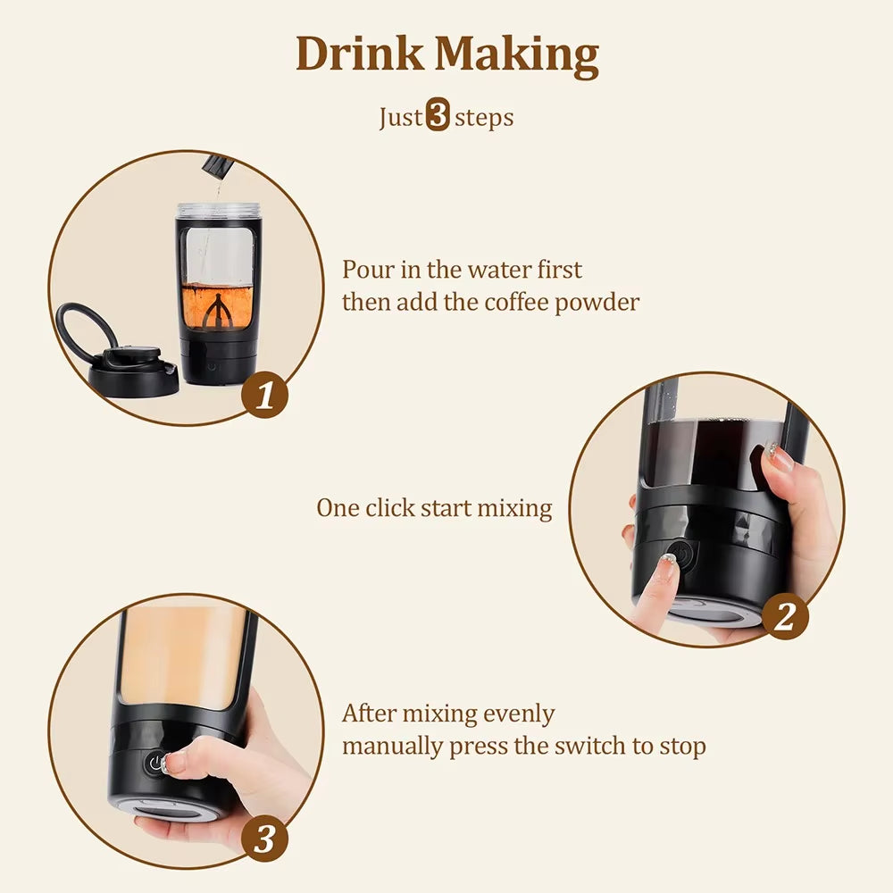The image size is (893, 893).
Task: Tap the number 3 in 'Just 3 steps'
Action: (x=438, y=117)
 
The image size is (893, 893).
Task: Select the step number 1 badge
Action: (x=265, y=396)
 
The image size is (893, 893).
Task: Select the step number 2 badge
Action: (x=785, y=617)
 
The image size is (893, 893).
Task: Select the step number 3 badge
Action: (x=265, y=839)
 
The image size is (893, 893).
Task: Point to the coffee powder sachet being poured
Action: (x=216, y=166)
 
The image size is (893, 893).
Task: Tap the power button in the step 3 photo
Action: (x=157, y=764)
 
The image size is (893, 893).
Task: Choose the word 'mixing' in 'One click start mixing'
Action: (x=514, y=508)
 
